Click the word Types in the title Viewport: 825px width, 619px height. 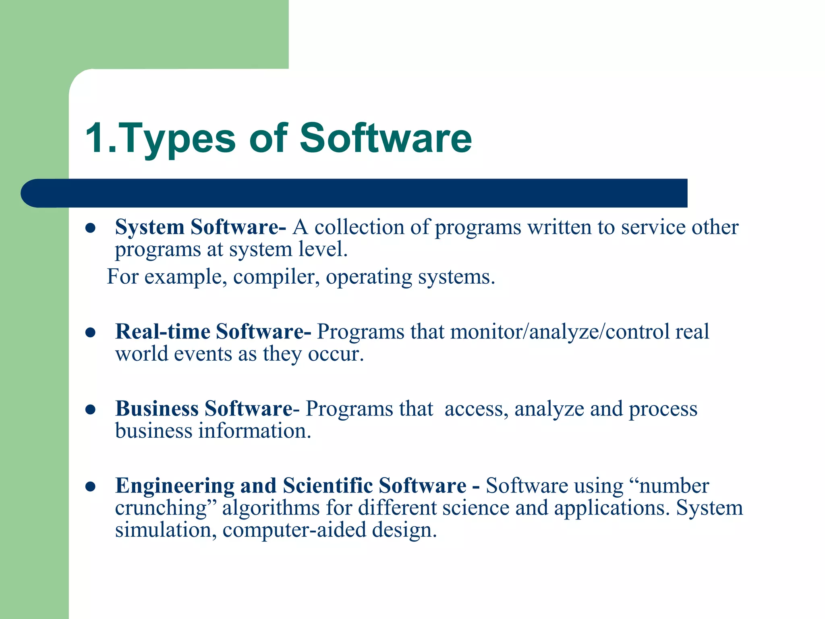click(x=177, y=139)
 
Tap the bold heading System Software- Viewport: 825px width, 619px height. click(x=201, y=227)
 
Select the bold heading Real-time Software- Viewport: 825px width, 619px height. click(x=213, y=332)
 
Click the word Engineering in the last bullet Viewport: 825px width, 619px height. click(x=175, y=486)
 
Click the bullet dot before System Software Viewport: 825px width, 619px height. click(x=90, y=228)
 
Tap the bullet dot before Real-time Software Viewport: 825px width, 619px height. click(x=90, y=333)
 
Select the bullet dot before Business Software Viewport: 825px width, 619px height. click(x=90, y=410)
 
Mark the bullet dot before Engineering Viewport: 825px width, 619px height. click(x=90, y=487)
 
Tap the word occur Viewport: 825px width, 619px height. click(x=336, y=354)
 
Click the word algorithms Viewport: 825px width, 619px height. click(x=271, y=508)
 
